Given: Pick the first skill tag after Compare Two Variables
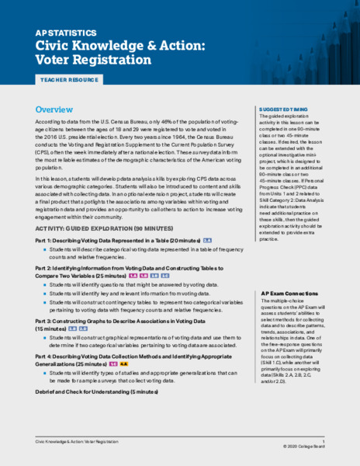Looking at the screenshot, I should coord(133,276).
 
